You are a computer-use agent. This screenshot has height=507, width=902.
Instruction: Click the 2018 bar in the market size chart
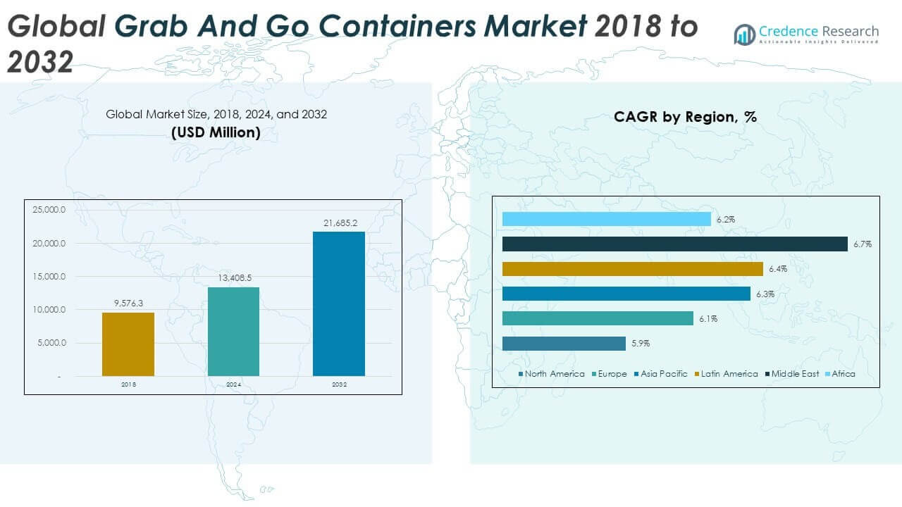[128, 344]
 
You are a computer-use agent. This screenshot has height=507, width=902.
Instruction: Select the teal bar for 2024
[233, 332]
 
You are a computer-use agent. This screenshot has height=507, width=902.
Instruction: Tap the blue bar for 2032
[339, 303]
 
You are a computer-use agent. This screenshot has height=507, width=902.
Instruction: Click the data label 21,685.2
[339, 223]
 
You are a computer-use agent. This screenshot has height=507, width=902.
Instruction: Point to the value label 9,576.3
[128, 304]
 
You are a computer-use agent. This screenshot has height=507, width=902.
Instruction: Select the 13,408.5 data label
[233, 278]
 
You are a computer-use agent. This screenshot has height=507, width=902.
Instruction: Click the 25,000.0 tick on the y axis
[49, 210]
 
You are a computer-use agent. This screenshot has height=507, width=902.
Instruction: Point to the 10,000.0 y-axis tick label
[49, 310]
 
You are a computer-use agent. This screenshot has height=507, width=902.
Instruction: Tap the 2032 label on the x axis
[339, 385]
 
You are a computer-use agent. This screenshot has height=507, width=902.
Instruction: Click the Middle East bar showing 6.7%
[674, 244]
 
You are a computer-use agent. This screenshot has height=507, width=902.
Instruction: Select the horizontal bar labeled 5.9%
[564, 344]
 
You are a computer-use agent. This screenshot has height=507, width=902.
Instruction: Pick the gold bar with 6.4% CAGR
[632, 269]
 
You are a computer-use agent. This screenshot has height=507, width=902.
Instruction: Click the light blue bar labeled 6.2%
[606, 219]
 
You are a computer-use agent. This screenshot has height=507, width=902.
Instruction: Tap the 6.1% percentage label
[708, 319]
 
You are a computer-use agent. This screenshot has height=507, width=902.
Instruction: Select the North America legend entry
[552, 374]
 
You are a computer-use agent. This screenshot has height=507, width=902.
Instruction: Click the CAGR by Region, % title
[685, 117]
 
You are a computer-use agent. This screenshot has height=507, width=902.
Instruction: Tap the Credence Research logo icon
[744, 34]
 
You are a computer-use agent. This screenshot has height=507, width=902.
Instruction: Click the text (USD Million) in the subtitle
[216, 132]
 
